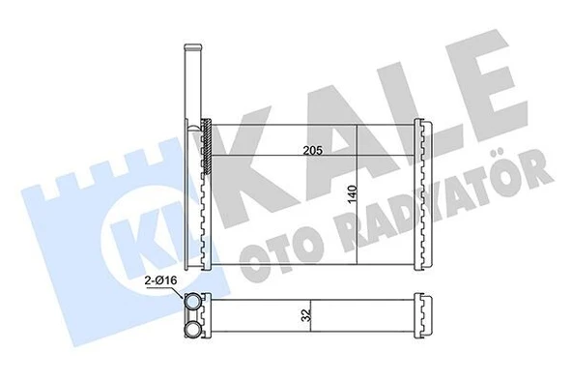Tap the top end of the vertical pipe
(x=192, y=48)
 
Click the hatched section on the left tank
(x=205, y=145)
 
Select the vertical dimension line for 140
(x=357, y=193)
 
